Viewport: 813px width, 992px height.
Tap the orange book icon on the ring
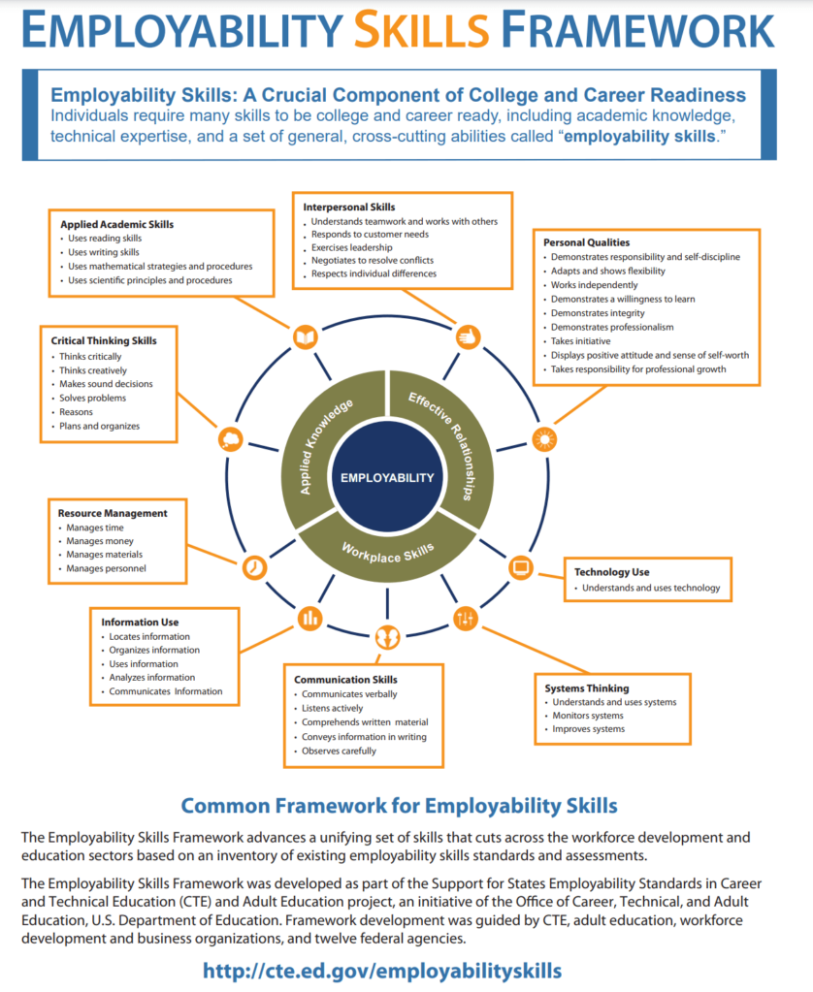point(306,336)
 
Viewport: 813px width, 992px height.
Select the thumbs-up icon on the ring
point(469,336)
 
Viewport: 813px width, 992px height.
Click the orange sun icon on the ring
point(544,438)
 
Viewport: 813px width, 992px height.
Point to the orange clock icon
point(254,567)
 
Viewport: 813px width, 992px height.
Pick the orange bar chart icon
point(309,618)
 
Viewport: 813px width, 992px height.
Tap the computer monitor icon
point(521,567)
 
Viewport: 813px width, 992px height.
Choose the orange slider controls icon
point(465,618)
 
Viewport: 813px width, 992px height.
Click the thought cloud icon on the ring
point(231,438)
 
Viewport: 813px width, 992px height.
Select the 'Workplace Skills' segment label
point(387,553)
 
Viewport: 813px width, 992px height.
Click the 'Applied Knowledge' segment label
point(325,446)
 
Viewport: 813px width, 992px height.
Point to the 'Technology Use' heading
point(611,572)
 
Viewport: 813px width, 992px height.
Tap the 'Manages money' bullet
point(100,541)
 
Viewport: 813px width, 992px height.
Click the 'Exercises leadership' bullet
point(351,247)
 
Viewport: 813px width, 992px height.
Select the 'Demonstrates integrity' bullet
point(598,313)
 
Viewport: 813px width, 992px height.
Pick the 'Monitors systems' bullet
point(588,716)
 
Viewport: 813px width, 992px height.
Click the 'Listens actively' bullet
point(333,708)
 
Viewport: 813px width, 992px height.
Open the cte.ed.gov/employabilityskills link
point(382,971)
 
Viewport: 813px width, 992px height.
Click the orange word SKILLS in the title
point(422,30)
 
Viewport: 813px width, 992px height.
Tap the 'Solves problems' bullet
point(92,398)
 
